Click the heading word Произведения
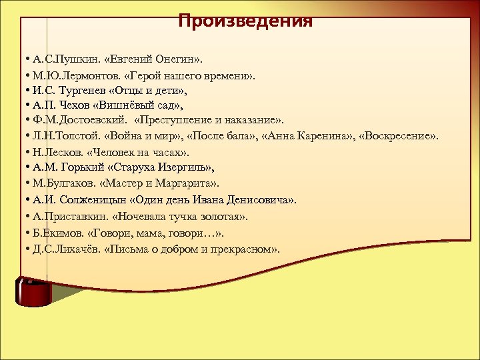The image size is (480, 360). coord(245,21)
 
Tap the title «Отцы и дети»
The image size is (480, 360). coord(148,89)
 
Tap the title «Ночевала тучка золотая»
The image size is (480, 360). coord(181,216)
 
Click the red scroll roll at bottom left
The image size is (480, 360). coord(33,291)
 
